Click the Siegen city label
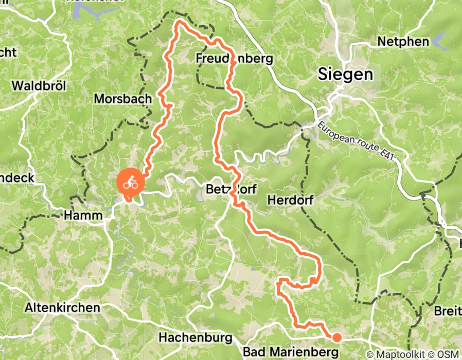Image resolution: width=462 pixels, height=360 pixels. (345, 74)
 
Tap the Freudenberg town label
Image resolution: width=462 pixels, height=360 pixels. (234, 59)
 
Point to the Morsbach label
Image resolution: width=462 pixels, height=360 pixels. (122, 98)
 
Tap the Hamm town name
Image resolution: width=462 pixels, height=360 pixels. (83, 216)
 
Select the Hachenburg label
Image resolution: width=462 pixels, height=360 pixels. (192, 338)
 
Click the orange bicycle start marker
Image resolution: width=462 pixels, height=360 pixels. (130, 183)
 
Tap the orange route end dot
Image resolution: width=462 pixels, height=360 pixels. (336, 337)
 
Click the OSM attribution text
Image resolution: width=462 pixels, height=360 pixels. (446, 354)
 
